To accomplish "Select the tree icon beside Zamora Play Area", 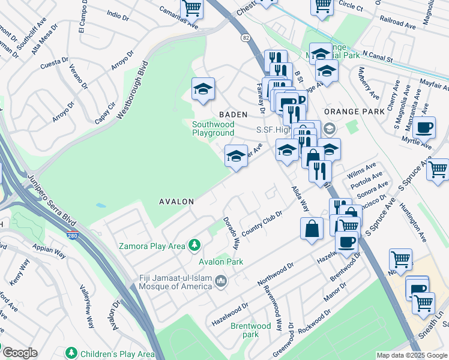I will (x=194, y=245).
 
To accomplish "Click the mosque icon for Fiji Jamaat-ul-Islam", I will (x=221, y=281).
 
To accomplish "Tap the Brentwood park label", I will (x=251, y=330).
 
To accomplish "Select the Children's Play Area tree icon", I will (x=71, y=352).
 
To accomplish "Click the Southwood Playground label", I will (x=212, y=128).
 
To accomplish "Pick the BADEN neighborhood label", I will (x=233, y=113).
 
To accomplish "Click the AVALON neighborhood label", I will (x=176, y=202).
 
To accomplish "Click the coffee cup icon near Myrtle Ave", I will (x=424, y=127).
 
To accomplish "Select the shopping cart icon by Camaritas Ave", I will (x=191, y=8).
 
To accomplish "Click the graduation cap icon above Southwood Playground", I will (x=203, y=89).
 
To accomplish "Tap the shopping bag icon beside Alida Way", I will (x=312, y=229).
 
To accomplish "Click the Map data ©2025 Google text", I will (x=411, y=355).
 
